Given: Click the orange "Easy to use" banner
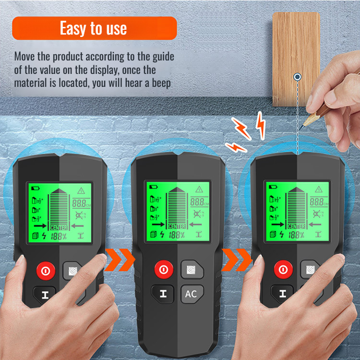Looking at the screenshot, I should [94, 28].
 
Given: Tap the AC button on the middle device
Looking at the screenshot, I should [191, 294].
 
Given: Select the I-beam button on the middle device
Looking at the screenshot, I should [163, 294].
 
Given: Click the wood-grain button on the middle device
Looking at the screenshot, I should [192, 269].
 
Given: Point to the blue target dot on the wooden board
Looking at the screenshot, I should [298, 76].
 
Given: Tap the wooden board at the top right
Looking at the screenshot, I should [296, 53].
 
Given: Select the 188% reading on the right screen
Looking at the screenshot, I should [296, 235].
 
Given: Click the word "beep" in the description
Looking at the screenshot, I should [162, 82].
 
